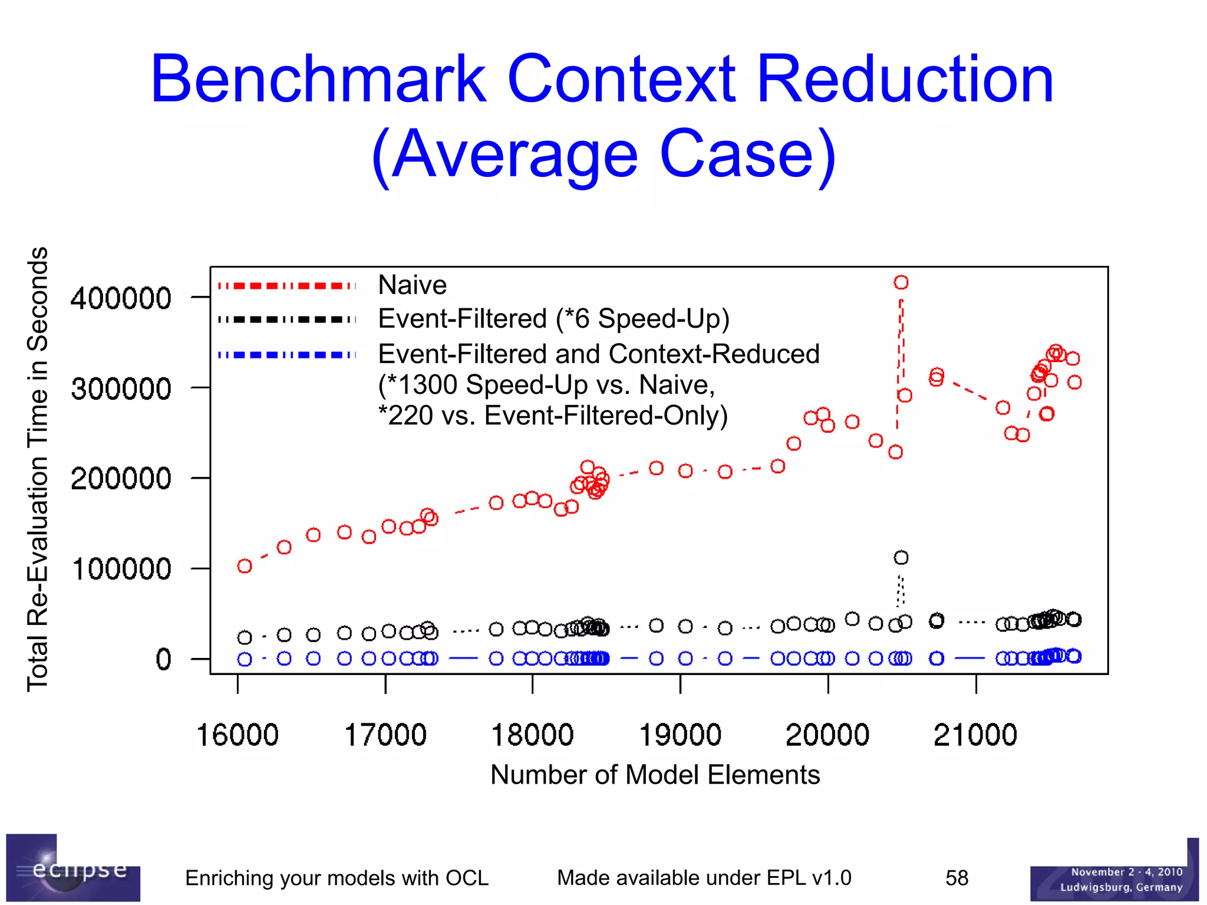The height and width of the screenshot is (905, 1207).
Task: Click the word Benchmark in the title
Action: coord(318,80)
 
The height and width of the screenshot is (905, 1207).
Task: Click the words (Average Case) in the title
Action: coord(603,155)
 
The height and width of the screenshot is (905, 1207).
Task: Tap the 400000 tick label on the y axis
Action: coord(121,298)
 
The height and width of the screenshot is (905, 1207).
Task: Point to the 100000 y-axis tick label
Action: coord(121,569)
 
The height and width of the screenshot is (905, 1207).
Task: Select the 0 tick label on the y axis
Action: coord(163,659)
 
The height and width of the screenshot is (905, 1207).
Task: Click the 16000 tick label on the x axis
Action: coord(237,735)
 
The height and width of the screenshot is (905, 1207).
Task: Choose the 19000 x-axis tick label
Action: coord(680,735)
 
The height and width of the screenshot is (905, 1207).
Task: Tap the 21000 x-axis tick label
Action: coord(975,735)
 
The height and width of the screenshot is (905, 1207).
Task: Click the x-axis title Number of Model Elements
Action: coord(655,775)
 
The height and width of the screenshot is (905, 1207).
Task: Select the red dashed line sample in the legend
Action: coord(287,286)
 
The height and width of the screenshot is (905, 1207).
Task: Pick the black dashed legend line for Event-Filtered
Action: coord(287,320)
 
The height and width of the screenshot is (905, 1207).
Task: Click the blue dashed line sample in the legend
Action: coord(287,355)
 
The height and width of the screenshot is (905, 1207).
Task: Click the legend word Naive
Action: coord(412,285)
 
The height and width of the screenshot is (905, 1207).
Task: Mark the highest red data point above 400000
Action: coord(901,282)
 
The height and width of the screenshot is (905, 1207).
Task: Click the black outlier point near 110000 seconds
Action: coord(901,557)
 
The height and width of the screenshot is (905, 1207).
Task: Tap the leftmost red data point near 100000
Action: coord(245,566)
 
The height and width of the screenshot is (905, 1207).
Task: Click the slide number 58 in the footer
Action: coord(957,878)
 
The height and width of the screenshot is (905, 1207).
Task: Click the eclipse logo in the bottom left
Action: coord(73,868)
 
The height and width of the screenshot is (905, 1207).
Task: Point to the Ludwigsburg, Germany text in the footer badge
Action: coord(1120,887)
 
